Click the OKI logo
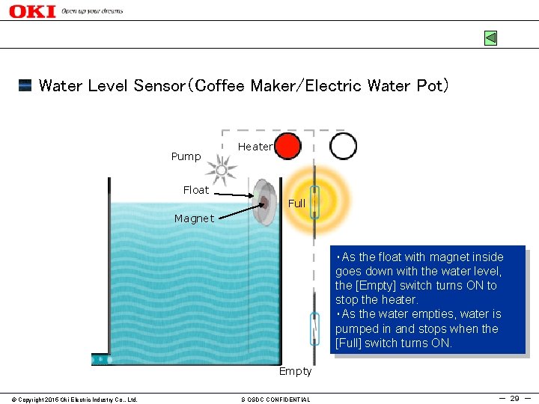tap(32, 11)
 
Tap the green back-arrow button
tap(490, 37)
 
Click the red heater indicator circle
tap(287, 147)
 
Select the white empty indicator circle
tap(343, 147)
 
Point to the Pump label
tap(186, 156)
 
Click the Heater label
tap(255, 147)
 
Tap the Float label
tap(196, 190)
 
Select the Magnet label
tap(194, 218)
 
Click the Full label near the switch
tap(296, 203)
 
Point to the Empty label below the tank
tap(295, 371)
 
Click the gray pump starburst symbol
tap(221, 171)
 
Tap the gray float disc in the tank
tap(264, 202)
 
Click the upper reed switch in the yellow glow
tap(315, 202)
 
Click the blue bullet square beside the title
tap(25, 85)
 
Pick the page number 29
tap(514, 399)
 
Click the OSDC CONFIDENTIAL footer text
tap(275, 400)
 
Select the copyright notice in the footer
tap(70, 400)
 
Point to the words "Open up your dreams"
tap(92, 11)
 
